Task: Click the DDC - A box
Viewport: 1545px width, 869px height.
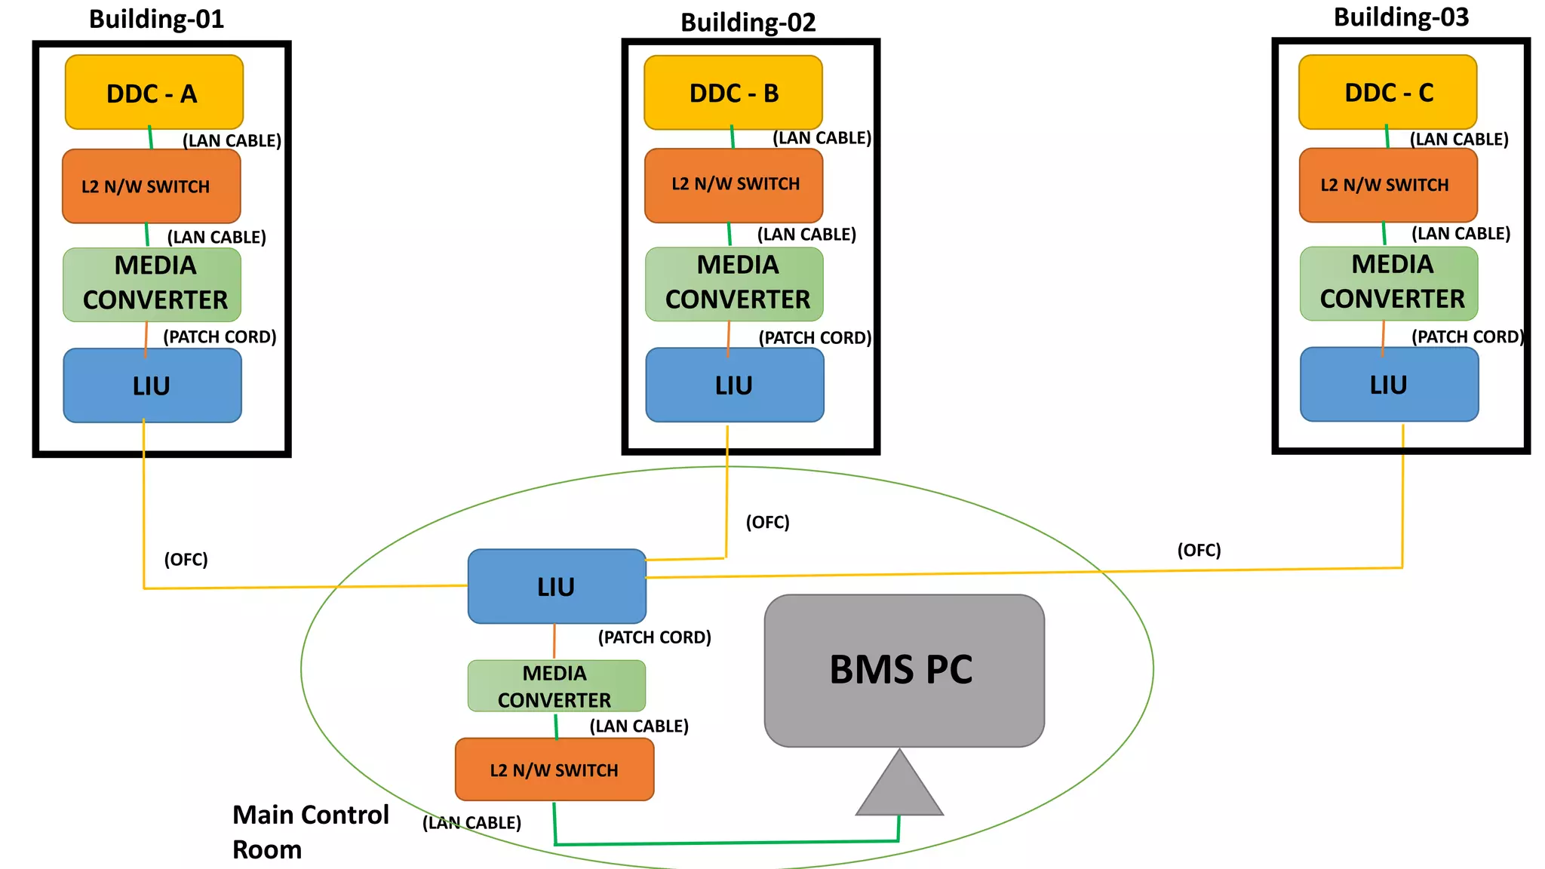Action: pyautogui.click(x=154, y=92)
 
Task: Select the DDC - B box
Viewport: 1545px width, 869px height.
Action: pyautogui.click(x=733, y=92)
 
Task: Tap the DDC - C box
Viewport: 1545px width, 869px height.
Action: pyautogui.click(x=1387, y=91)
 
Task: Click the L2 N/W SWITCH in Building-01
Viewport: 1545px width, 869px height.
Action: pyautogui.click(x=151, y=186)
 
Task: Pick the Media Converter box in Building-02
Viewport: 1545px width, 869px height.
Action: pyautogui.click(x=734, y=284)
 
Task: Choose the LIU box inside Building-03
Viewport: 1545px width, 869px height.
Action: pyautogui.click(x=1389, y=385)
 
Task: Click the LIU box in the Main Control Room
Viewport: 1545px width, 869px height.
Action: pyautogui.click(x=557, y=586)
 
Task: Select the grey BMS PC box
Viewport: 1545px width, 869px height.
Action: pyautogui.click(x=904, y=670)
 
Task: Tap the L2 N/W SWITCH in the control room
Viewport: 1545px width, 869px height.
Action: pyautogui.click(x=554, y=769)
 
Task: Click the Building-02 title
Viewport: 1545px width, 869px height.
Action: pyautogui.click(x=748, y=23)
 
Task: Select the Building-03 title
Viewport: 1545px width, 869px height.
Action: pyautogui.click(x=1401, y=17)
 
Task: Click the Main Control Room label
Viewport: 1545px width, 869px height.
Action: pyautogui.click(x=309, y=831)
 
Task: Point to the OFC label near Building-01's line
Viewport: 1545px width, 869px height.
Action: pyautogui.click(x=186, y=560)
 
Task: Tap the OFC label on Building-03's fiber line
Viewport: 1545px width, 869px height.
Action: pyautogui.click(x=1198, y=550)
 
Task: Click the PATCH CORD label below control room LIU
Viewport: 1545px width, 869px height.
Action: pyautogui.click(x=654, y=637)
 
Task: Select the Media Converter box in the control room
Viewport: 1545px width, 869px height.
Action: pyautogui.click(x=556, y=686)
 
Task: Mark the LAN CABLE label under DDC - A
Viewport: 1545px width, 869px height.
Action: pyautogui.click(x=232, y=140)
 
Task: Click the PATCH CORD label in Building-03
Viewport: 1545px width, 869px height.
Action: pyautogui.click(x=1467, y=336)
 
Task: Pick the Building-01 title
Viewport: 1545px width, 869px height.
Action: pyautogui.click(x=156, y=19)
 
